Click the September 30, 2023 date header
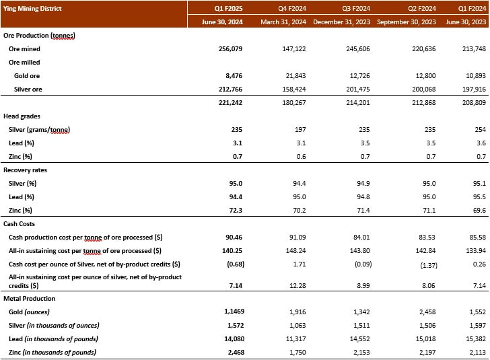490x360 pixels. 407,22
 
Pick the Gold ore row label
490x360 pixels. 28,75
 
